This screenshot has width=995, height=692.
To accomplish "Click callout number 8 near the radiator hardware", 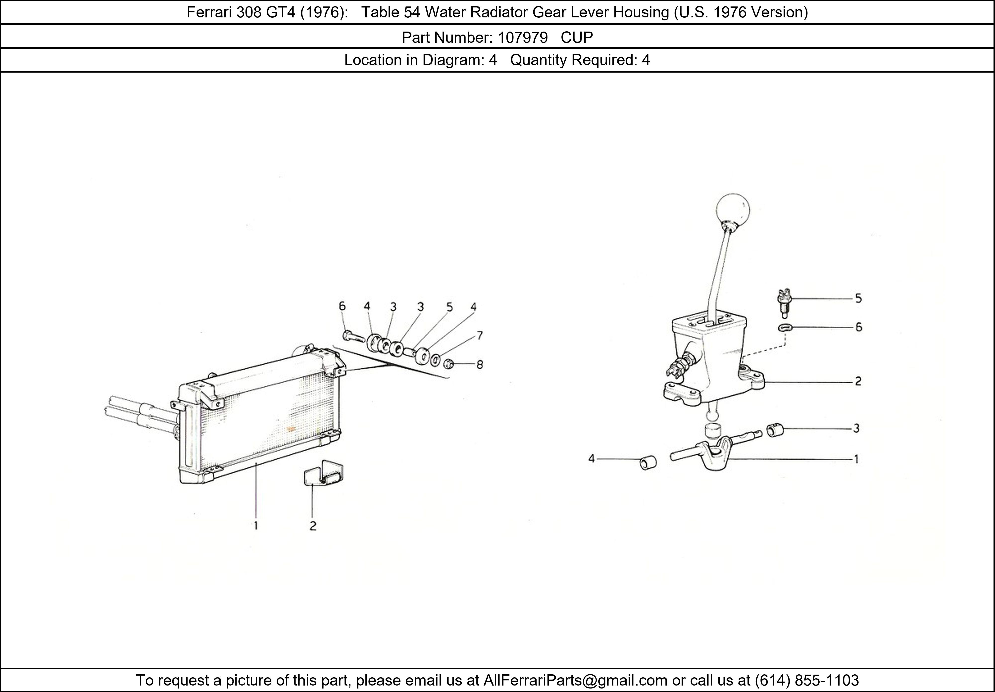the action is coord(479,365).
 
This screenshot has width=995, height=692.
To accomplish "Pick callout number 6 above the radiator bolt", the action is coord(342,306).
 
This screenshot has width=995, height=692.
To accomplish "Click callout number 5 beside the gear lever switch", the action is coord(858,298).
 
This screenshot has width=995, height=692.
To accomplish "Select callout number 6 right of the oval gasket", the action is coord(858,327).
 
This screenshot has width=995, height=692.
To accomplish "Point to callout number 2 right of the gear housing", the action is coord(858,382).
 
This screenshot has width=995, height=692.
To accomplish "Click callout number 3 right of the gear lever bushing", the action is coord(856,428).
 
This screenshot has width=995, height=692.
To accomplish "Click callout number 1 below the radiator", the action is coord(256,526).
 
